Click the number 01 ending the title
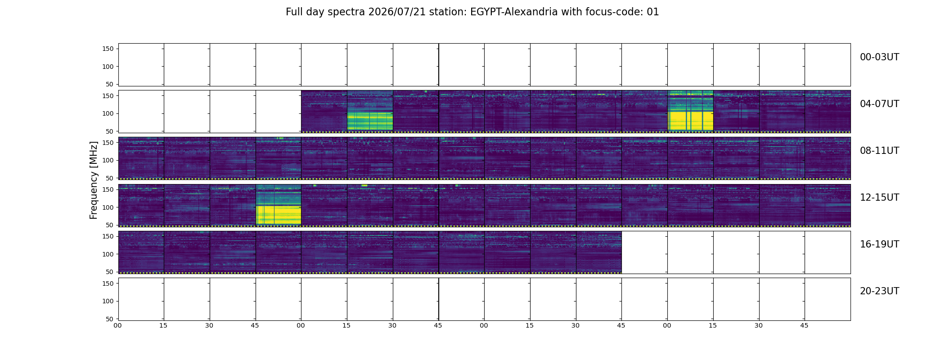tap(653, 12)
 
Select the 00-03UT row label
tap(879, 57)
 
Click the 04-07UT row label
tap(879, 104)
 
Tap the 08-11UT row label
tap(879, 151)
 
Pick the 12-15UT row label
tap(879, 198)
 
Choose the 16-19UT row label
tap(879, 244)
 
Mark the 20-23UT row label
tap(879, 291)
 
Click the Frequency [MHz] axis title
tap(94, 180)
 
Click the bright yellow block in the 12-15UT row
tap(279, 215)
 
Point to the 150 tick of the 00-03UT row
tap(108, 49)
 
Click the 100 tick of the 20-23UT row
tap(108, 301)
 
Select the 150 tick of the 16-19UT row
tap(108, 236)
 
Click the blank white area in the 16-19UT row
tap(736, 252)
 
